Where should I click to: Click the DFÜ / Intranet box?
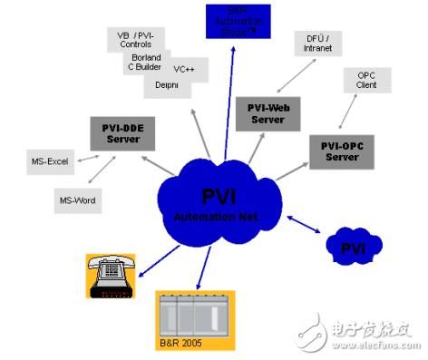tap(317, 44)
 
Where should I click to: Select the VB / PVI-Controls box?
tap(137, 39)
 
